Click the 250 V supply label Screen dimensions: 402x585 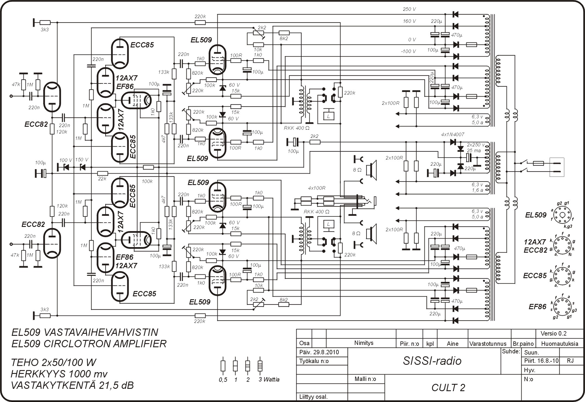coord(409,9)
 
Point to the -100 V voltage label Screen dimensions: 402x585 coord(408,52)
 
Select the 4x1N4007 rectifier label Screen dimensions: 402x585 coord(452,135)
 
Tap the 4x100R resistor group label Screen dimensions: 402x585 coord(316,188)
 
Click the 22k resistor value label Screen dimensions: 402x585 coord(102,179)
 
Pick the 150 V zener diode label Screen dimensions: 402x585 coord(81,160)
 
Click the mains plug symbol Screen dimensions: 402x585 coord(557,167)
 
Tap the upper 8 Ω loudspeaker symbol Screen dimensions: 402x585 coord(372,170)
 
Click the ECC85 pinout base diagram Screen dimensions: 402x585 coord(562,275)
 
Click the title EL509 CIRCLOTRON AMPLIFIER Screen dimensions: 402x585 coord(89,343)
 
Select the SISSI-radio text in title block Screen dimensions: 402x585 coord(432,361)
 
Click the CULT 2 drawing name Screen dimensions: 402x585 coord(448,388)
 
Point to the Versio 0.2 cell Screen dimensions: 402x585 coord(553,333)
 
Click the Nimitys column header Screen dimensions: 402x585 coord(364,343)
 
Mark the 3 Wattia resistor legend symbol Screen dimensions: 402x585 coord(260,366)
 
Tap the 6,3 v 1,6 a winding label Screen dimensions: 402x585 coord(477,187)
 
